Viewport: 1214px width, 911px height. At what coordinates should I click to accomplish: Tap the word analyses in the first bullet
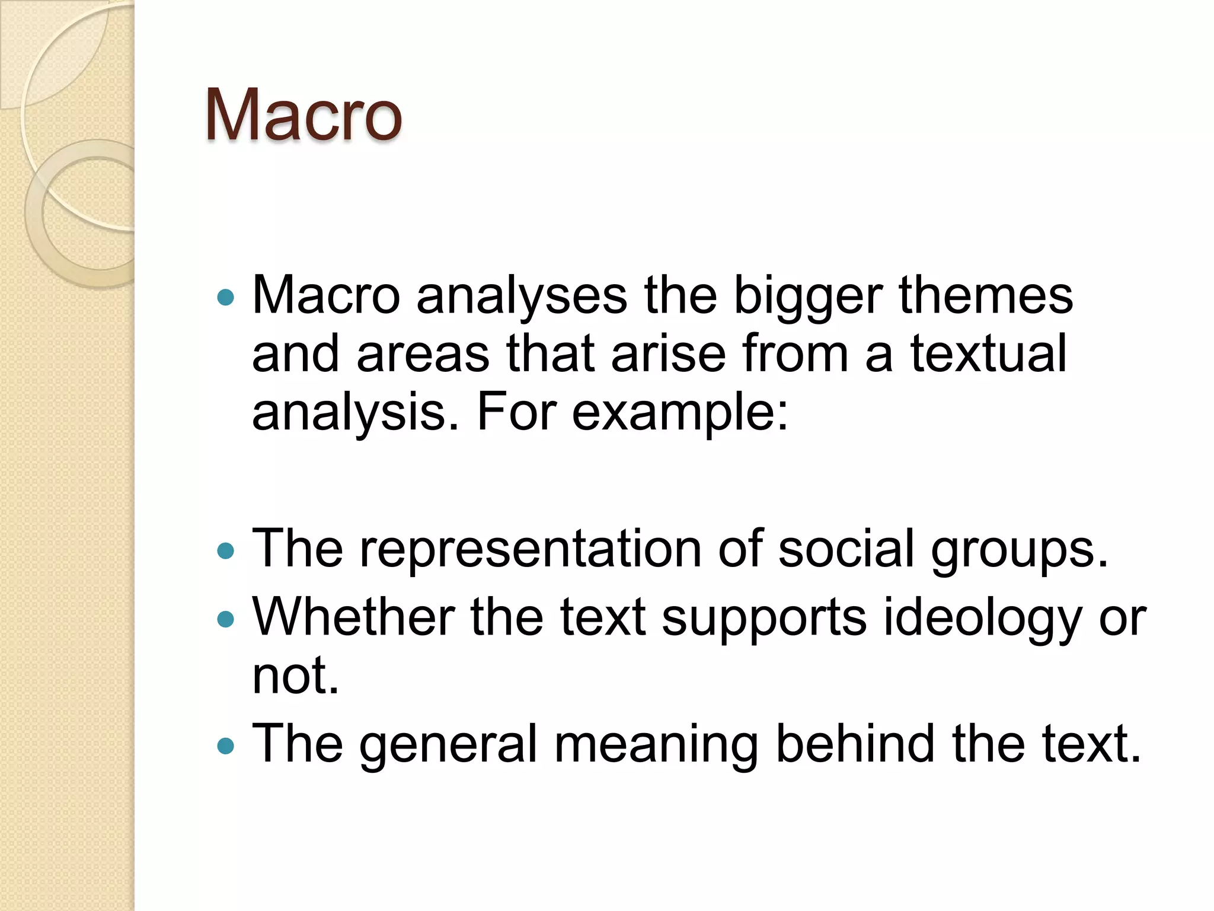click(522, 296)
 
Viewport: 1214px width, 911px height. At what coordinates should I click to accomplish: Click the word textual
click(988, 353)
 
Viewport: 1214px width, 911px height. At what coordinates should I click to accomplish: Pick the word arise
click(668, 353)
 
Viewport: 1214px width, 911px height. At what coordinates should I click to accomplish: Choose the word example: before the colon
click(680, 413)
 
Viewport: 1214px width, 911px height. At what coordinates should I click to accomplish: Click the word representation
click(531, 549)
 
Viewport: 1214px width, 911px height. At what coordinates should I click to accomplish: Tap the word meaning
click(656, 745)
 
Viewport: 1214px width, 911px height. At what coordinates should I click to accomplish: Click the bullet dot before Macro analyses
click(226, 297)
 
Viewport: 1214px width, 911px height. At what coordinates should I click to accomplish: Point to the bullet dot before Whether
click(226, 620)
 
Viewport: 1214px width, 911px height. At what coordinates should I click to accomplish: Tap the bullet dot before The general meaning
click(226, 746)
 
